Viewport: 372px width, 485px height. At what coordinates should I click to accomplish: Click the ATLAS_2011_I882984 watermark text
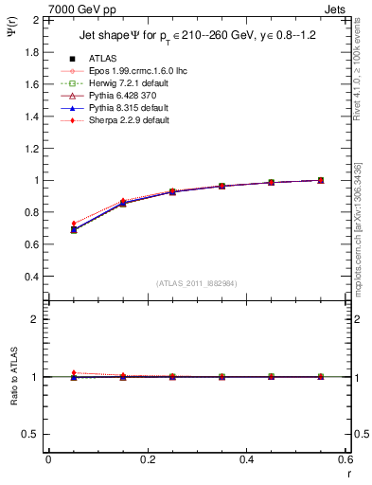[x=198, y=282]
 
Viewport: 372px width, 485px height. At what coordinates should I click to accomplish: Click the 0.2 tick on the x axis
[x=147, y=459]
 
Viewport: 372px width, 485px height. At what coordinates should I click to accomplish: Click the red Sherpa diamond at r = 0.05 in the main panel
[x=74, y=224]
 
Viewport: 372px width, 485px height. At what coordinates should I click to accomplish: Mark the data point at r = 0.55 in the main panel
[x=321, y=180]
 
